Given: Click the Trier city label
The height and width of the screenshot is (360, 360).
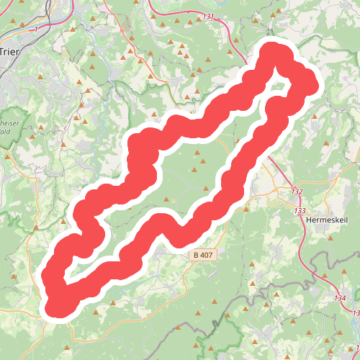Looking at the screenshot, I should (9, 52).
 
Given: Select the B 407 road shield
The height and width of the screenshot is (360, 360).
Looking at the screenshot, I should (204, 255).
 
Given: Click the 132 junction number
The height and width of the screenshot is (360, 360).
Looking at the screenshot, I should (297, 192).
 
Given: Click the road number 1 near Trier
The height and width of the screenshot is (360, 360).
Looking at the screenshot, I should (35, 30).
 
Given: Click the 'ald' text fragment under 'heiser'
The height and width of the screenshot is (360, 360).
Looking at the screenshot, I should (6, 132).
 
